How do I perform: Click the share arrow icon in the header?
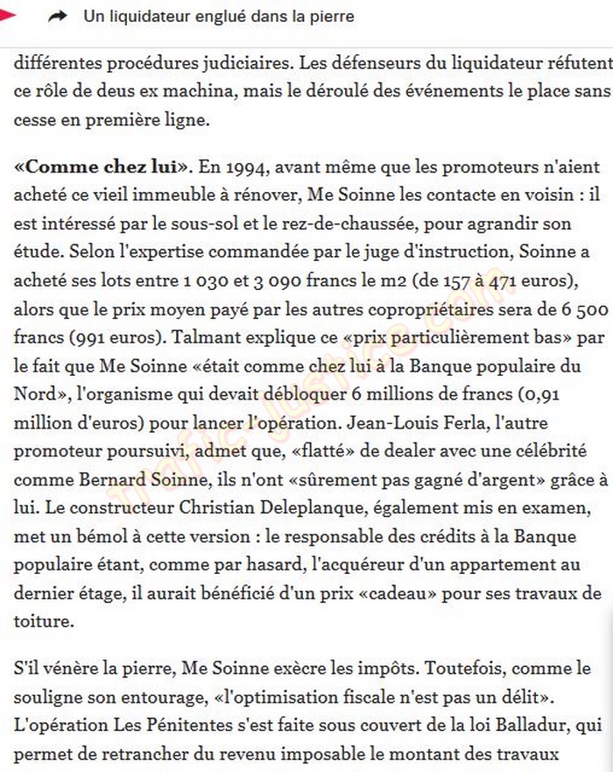[58, 17]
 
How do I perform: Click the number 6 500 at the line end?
[579, 309]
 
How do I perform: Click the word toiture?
[42, 622]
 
